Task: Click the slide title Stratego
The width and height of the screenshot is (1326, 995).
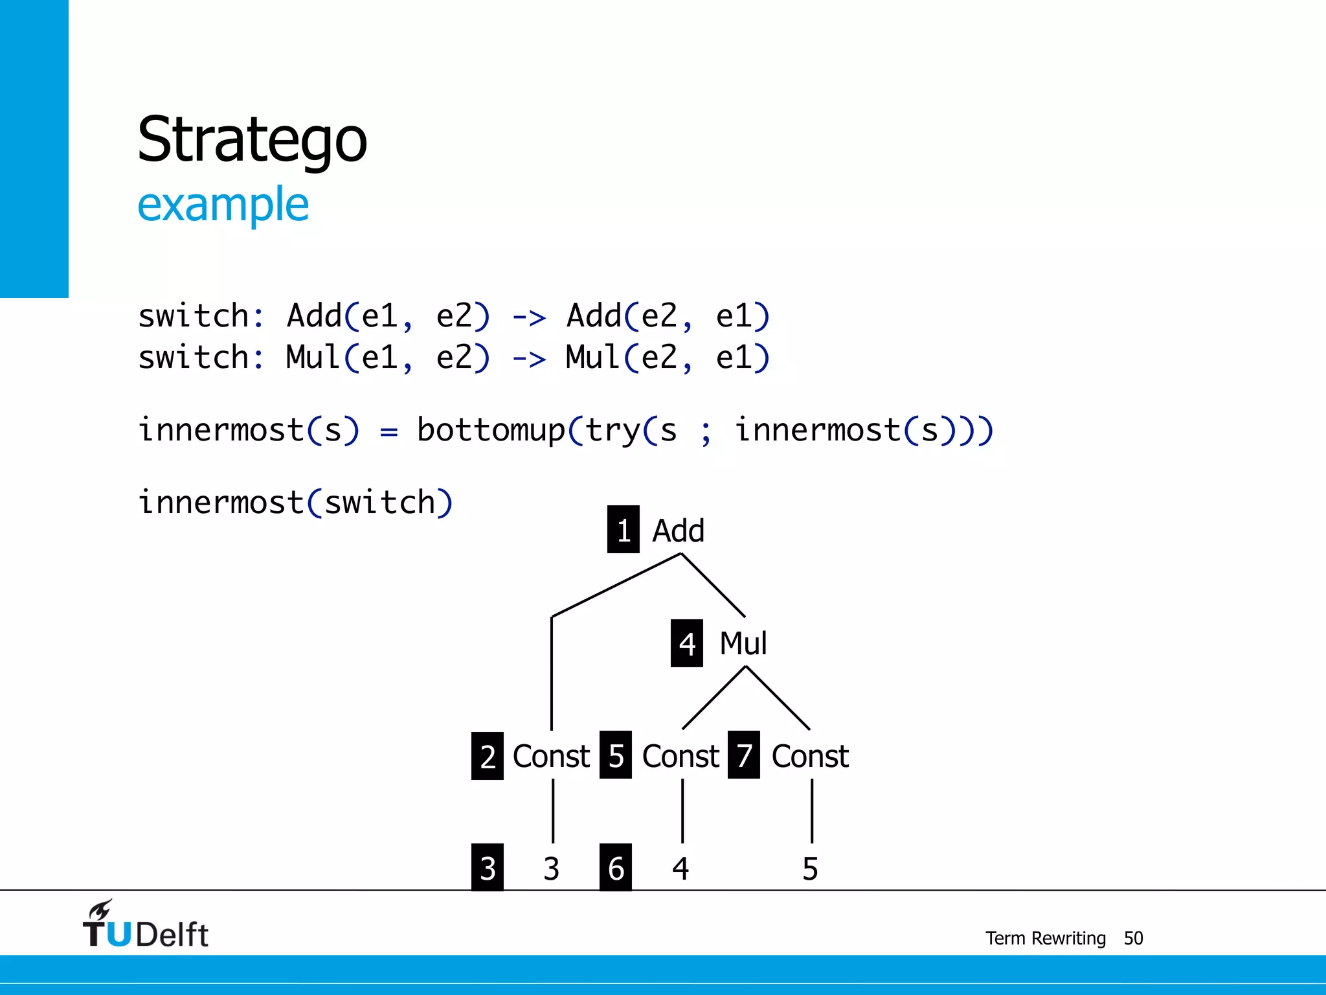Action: coord(252,140)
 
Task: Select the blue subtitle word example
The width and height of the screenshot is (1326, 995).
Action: coord(223,205)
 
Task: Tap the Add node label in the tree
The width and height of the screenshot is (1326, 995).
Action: coord(678,531)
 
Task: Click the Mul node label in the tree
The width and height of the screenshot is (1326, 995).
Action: coord(743,643)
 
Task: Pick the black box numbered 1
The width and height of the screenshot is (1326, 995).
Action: coord(623,530)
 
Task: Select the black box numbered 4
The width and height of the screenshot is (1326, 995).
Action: coord(686,643)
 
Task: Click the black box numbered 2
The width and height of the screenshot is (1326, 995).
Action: coord(488,756)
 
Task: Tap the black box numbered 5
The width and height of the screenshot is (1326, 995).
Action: coord(616,755)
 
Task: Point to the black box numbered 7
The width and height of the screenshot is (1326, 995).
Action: coord(744,755)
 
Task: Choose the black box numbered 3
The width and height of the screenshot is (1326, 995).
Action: coord(488,868)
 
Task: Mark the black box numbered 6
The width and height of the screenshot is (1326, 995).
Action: coord(616,868)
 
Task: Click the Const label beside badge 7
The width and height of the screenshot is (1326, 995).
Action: coord(810,756)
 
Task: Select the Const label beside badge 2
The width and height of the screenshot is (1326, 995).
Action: coord(551,756)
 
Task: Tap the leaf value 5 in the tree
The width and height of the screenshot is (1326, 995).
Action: coord(810,869)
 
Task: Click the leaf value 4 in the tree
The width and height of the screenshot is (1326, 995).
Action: coord(680,869)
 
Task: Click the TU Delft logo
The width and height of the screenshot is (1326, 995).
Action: coord(145,925)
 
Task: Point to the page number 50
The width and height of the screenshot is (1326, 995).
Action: coord(1133,938)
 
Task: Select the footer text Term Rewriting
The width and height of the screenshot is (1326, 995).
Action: coord(1045,938)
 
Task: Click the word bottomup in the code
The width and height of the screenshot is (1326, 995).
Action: coord(491,430)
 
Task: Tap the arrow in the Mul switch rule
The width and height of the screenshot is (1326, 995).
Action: coord(529,359)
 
